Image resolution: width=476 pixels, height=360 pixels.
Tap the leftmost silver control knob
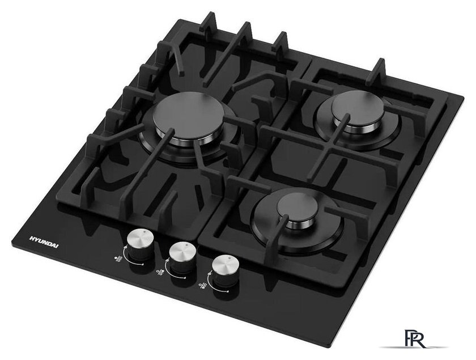139,245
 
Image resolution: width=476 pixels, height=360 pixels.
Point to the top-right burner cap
358,108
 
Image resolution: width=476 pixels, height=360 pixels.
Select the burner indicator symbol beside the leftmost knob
118,259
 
